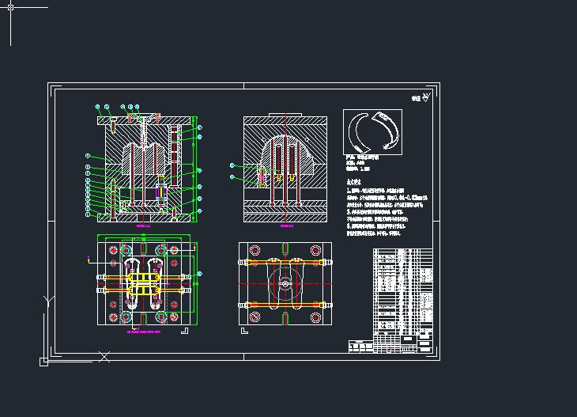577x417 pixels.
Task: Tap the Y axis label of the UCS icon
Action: point(48,301)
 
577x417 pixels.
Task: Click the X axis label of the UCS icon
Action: point(104,358)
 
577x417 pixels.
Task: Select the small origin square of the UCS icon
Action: point(43,362)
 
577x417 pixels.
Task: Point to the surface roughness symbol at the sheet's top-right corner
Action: point(425,97)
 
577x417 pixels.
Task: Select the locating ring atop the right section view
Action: point(285,115)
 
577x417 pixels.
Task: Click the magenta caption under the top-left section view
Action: point(143,225)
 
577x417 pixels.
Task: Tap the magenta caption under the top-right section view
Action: point(285,225)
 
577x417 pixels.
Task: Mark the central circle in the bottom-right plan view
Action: point(285,282)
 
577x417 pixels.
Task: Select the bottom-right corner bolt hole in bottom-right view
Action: point(315,317)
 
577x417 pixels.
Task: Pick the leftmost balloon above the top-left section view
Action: point(96,106)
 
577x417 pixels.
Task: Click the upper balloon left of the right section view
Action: point(232,165)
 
